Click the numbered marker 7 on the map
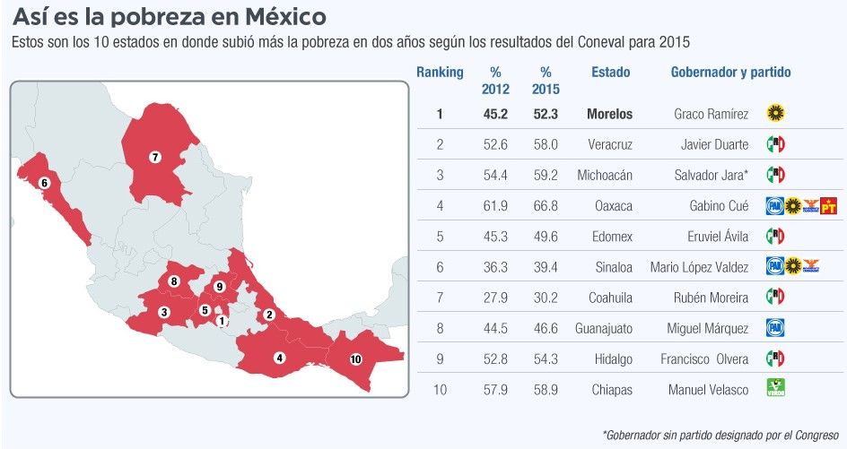pos(154,157)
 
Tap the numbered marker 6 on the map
pos(44,184)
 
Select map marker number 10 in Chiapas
pos(355,358)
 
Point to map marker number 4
pos(280,358)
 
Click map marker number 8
pos(174,281)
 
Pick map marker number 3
pos(163,312)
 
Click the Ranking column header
pos(440,73)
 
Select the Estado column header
pos(610,73)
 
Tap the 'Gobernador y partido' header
pos(730,73)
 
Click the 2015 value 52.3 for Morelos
pos(545,114)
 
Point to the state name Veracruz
pos(610,144)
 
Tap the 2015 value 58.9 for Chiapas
pos(545,390)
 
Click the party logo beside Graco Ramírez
pos(776,113)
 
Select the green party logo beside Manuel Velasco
pos(775,389)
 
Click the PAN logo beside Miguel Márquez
pos(775,328)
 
